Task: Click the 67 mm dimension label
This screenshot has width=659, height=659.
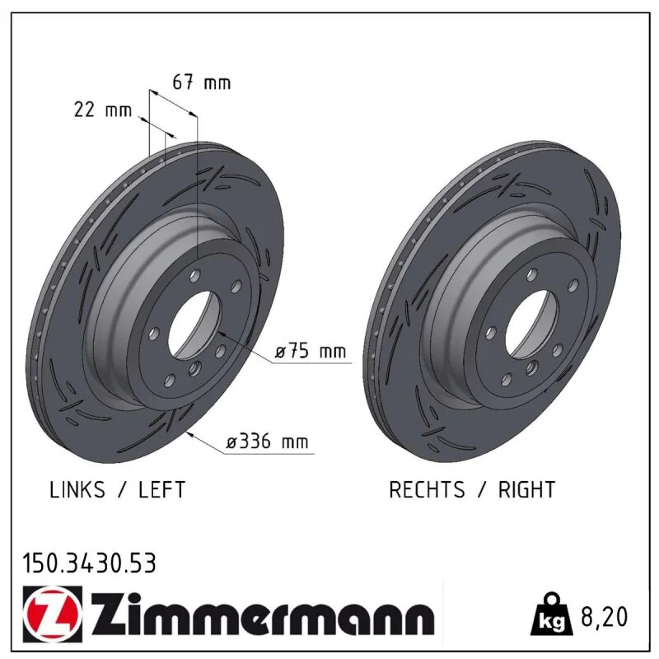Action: (202, 82)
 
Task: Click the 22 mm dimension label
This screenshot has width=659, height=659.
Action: (103, 110)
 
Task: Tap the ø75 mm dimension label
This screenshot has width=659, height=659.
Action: (311, 351)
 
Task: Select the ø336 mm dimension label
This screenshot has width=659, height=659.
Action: (267, 442)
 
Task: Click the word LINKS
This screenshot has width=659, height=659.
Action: (77, 489)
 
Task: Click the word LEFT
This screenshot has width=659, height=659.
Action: (161, 489)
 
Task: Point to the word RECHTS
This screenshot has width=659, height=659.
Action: (427, 489)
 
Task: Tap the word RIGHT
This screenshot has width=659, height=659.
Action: (526, 489)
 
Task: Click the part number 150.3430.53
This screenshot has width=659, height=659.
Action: (89, 563)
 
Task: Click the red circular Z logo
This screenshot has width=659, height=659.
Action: (53, 614)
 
